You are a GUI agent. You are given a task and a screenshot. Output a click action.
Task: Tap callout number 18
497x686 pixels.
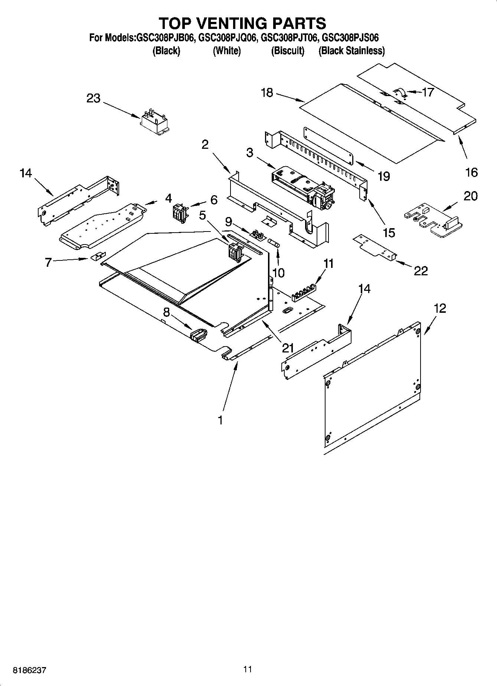point(267,93)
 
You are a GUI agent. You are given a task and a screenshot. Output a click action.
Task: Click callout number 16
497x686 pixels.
point(471,172)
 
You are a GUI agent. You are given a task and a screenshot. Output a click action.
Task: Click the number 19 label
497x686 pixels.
point(384,176)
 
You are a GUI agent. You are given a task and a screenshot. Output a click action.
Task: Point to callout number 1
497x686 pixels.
point(220,420)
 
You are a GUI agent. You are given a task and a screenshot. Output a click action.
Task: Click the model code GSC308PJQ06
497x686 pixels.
point(227,38)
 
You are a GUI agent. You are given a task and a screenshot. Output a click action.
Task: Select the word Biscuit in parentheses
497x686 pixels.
point(288,51)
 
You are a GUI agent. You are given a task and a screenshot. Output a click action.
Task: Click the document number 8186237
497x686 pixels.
point(30,670)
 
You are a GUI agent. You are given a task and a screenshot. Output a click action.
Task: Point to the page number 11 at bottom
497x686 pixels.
point(248,669)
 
